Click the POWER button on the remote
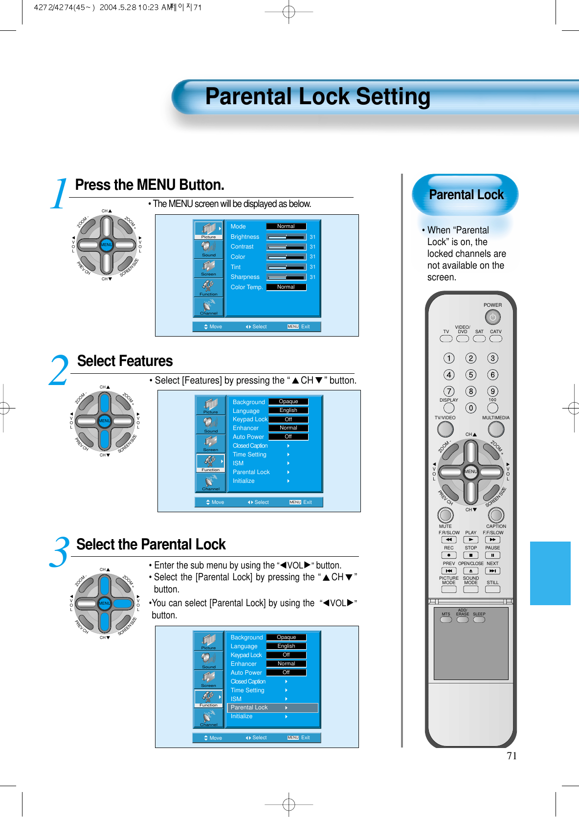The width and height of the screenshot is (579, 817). [492, 318]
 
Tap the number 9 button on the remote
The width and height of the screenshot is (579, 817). [492, 391]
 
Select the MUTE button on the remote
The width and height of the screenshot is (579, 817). [445, 515]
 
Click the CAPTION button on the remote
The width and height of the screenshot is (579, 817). [496, 515]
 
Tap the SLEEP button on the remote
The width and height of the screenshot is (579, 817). [479, 620]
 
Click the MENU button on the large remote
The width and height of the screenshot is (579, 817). [470, 472]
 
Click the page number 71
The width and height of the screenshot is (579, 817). [512, 756]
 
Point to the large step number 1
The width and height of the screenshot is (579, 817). [59, 194]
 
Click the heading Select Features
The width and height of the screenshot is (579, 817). [125, 361]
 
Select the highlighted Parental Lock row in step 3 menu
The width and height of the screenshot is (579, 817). [272, 707]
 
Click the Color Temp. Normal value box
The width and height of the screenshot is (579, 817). [286, 287]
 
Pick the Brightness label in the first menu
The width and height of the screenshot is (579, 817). [245, 237]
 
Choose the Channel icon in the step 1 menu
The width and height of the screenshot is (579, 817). [209, 307]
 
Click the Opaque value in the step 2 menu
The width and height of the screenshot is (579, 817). [289, 402]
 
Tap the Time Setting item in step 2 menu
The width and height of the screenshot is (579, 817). [249, 454]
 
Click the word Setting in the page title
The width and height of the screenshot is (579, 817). [393, 96]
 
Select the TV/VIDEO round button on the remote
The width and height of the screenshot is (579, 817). [445, 429]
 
